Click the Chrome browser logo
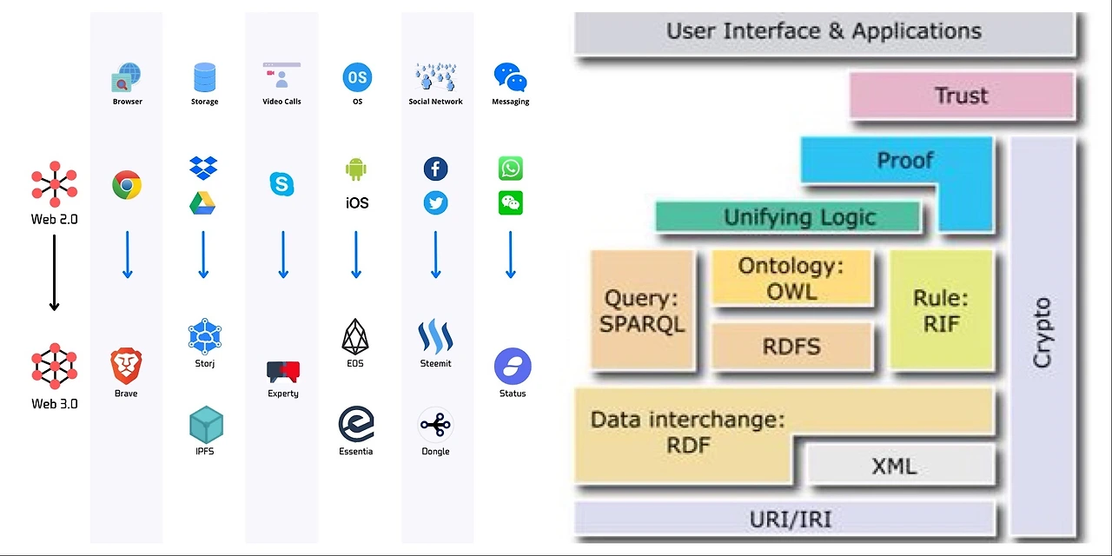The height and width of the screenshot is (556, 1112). tap(127, 185)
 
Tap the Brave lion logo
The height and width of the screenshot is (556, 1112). tap(126, 366)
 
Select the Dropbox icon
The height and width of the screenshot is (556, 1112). tap(203, 168)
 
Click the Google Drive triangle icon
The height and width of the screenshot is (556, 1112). tap(202, 203)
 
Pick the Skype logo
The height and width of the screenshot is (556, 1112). tap(281, 184)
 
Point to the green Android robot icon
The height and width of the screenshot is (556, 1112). tap(356, 169)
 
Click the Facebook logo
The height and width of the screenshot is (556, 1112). tap(435, 169)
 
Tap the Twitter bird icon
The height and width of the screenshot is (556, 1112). tap(435, 203)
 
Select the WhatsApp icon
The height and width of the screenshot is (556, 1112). tap(511, 168)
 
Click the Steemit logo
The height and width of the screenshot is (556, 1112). tap(435, 336)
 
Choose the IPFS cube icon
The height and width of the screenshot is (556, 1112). tap(206, 425)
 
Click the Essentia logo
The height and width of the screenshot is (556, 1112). tap(356, 424)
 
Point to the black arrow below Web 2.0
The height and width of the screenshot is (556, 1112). tap(54, 272)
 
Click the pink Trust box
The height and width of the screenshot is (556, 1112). tap(961, 96)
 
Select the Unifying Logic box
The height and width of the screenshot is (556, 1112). tap(787, 217)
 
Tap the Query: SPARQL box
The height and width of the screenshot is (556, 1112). tap(643, 310)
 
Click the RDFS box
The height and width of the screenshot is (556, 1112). tap(791, 347)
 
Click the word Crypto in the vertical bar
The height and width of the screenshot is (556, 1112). tap(1042, 333)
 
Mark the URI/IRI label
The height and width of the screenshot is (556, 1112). tap(790, 520)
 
